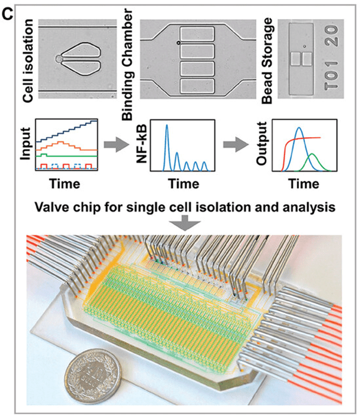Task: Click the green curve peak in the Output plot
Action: (312, 154)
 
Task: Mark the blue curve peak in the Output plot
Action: (301, 126)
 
